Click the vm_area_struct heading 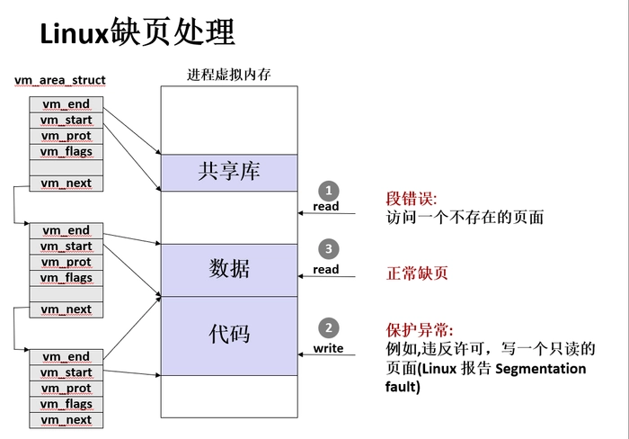tap(60, 81)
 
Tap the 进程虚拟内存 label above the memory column tap(229, 75)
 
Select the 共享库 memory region tap(228, 172)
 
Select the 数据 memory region tap(228, 269)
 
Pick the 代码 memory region tap(228, 335)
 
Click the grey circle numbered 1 tap(329, 191)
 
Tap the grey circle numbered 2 tap(329, 328)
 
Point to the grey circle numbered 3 tap(329, 249)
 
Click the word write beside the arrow tap(328, 348)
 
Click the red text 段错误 tap(410, 199)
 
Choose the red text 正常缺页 tap(416, 273)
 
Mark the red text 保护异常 tap(419, 329)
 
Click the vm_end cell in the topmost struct tap(66, 104)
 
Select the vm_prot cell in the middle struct tap(66, 262)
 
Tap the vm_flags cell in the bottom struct tap(66, 404)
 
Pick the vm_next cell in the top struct tap(66, 184)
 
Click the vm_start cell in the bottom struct tap(66, 372)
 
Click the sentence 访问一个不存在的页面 tap(465, 217)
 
